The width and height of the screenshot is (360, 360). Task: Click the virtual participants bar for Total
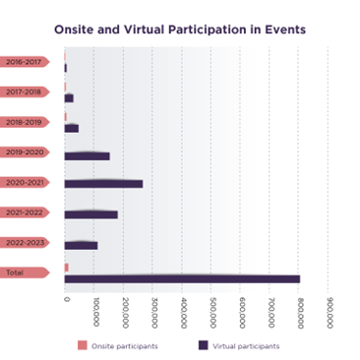[x=182, y=279]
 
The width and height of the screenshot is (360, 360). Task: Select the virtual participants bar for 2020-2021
[x=103, y=184]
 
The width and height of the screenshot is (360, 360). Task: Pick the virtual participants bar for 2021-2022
[x=90, y=214]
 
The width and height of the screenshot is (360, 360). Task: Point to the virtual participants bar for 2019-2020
[x=87, y=156]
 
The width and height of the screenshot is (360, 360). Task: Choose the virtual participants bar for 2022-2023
[x=81, y=245]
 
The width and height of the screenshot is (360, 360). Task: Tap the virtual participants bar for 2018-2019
[x=71, y=129]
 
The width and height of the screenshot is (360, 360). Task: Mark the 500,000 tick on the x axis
[x=211, y=313]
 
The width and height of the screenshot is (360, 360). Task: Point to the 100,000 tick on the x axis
[x=94, y=313]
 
